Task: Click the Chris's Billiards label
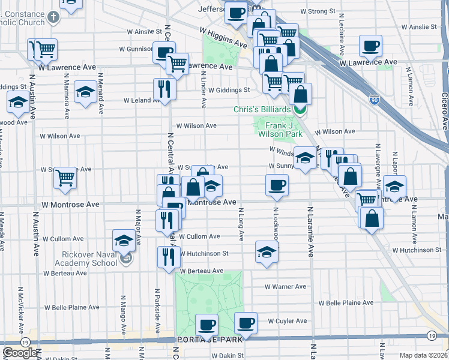pos(262,109)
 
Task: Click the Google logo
pos(20,353)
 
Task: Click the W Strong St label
pos(318,11)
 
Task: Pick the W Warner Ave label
pos(286,287)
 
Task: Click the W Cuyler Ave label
pos(287,321)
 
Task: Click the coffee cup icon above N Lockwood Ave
pos(277,185)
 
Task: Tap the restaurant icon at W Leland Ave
pos(163,89)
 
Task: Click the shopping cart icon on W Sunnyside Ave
pos(65,177)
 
